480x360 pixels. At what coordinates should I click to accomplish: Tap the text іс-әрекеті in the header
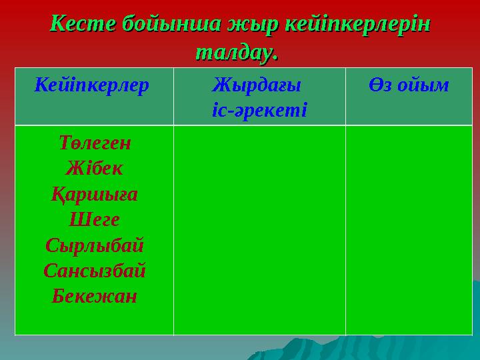(259, 108)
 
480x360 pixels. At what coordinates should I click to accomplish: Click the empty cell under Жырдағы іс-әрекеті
(259, 230)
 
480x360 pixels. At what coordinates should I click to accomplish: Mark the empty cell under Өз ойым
(409, 230)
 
